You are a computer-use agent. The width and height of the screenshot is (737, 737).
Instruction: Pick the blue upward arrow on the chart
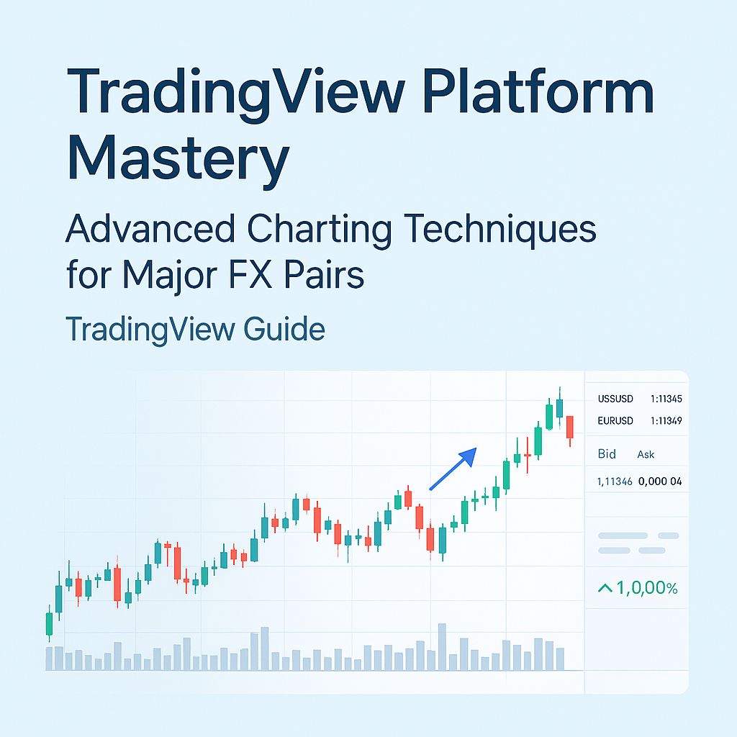coord(454,468)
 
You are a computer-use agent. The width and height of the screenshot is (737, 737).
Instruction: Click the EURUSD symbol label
coord(615,421)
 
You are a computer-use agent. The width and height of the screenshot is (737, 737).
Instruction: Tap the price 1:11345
coord(666,399)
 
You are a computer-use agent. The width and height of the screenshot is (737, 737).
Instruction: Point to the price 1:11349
coord(666,421)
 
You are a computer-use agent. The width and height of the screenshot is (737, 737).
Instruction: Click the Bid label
coord(607,455)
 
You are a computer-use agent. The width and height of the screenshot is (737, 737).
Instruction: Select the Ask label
coord(646,455)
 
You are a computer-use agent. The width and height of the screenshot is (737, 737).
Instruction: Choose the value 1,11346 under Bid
coord(615,481)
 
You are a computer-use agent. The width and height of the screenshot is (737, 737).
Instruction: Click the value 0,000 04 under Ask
coord(660,481)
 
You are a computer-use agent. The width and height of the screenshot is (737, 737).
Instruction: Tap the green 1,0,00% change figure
coord(638,589)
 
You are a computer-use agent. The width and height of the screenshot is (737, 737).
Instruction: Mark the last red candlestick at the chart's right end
coord(570,427)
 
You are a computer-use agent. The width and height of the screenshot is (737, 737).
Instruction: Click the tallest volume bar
coord(442,646)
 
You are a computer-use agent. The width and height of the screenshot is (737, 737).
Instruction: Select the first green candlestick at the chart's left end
coord(50,623)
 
